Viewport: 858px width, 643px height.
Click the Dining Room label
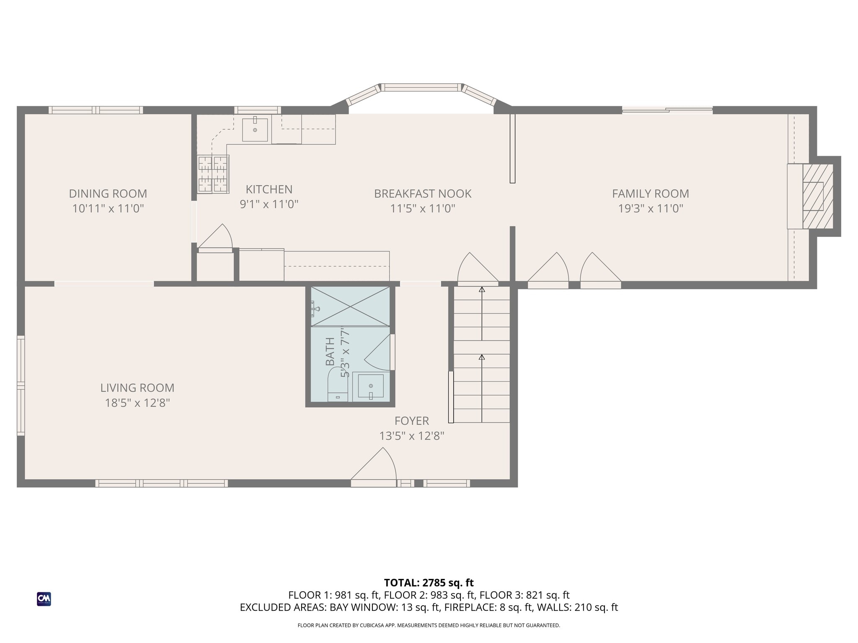click(x=108, y=194)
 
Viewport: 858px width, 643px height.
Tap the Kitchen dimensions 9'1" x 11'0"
click(x=269, y=204)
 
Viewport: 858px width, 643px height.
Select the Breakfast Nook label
click(x=423, y=194)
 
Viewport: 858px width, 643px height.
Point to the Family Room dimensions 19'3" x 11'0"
click(x=651, y=208)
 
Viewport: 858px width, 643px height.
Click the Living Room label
click(x=137, y=388)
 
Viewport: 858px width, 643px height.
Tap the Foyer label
click(x=412, y=421)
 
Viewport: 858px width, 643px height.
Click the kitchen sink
click(x=255, y=129)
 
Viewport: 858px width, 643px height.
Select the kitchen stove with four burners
click(x=213, y=174)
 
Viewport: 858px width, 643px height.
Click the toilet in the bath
click(x=338, y=384)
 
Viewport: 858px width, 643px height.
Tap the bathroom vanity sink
click(x=371, y=386)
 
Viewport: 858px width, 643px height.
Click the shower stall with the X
click(x=350, y=306)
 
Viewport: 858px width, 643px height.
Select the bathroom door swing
click(x=378, y=352)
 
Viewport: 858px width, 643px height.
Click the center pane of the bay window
click(x=421, y=87)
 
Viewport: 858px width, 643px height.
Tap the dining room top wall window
click(x=96, y=110)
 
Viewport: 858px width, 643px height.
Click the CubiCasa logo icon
click(x=44, y=599)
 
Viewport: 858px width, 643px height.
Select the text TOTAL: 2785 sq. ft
click(x=429, y=583)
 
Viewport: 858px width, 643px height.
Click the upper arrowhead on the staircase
click(x=482, y=289)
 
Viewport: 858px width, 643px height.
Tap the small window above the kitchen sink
click(x=258, y=110)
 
